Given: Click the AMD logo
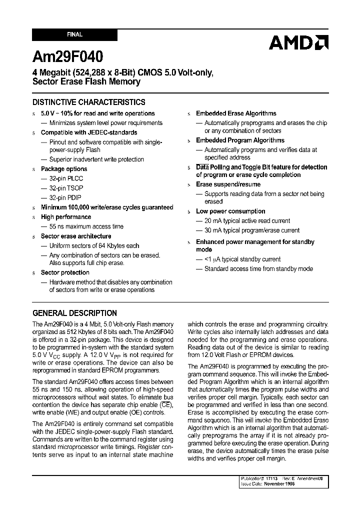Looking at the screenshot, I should [x=298, y=43].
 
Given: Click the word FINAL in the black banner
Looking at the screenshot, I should [x=74, y=35].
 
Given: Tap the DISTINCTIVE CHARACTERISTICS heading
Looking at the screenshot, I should [x=89, y=102].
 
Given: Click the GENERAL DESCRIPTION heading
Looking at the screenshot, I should [x=74, y=313].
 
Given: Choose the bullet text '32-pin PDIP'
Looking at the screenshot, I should [x=68, y=197].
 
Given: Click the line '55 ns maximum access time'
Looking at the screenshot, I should [x=86, y=226].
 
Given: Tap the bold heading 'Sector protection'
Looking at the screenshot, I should [x=65, y=272].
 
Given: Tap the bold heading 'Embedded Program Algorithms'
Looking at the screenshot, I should [x=240, y=140].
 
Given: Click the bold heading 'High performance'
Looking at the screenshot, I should [x=66, y=217].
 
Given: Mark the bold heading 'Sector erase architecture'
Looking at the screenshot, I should [x=76, y=236].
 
